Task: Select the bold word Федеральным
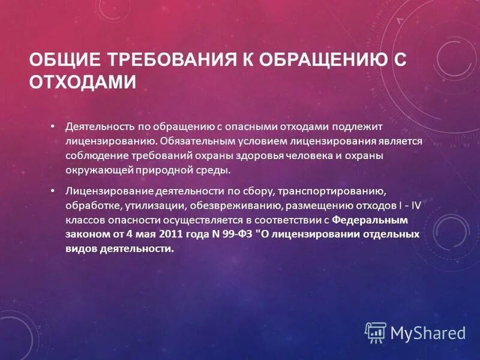tap(370, 220)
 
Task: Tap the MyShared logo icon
tap(376, 332)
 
